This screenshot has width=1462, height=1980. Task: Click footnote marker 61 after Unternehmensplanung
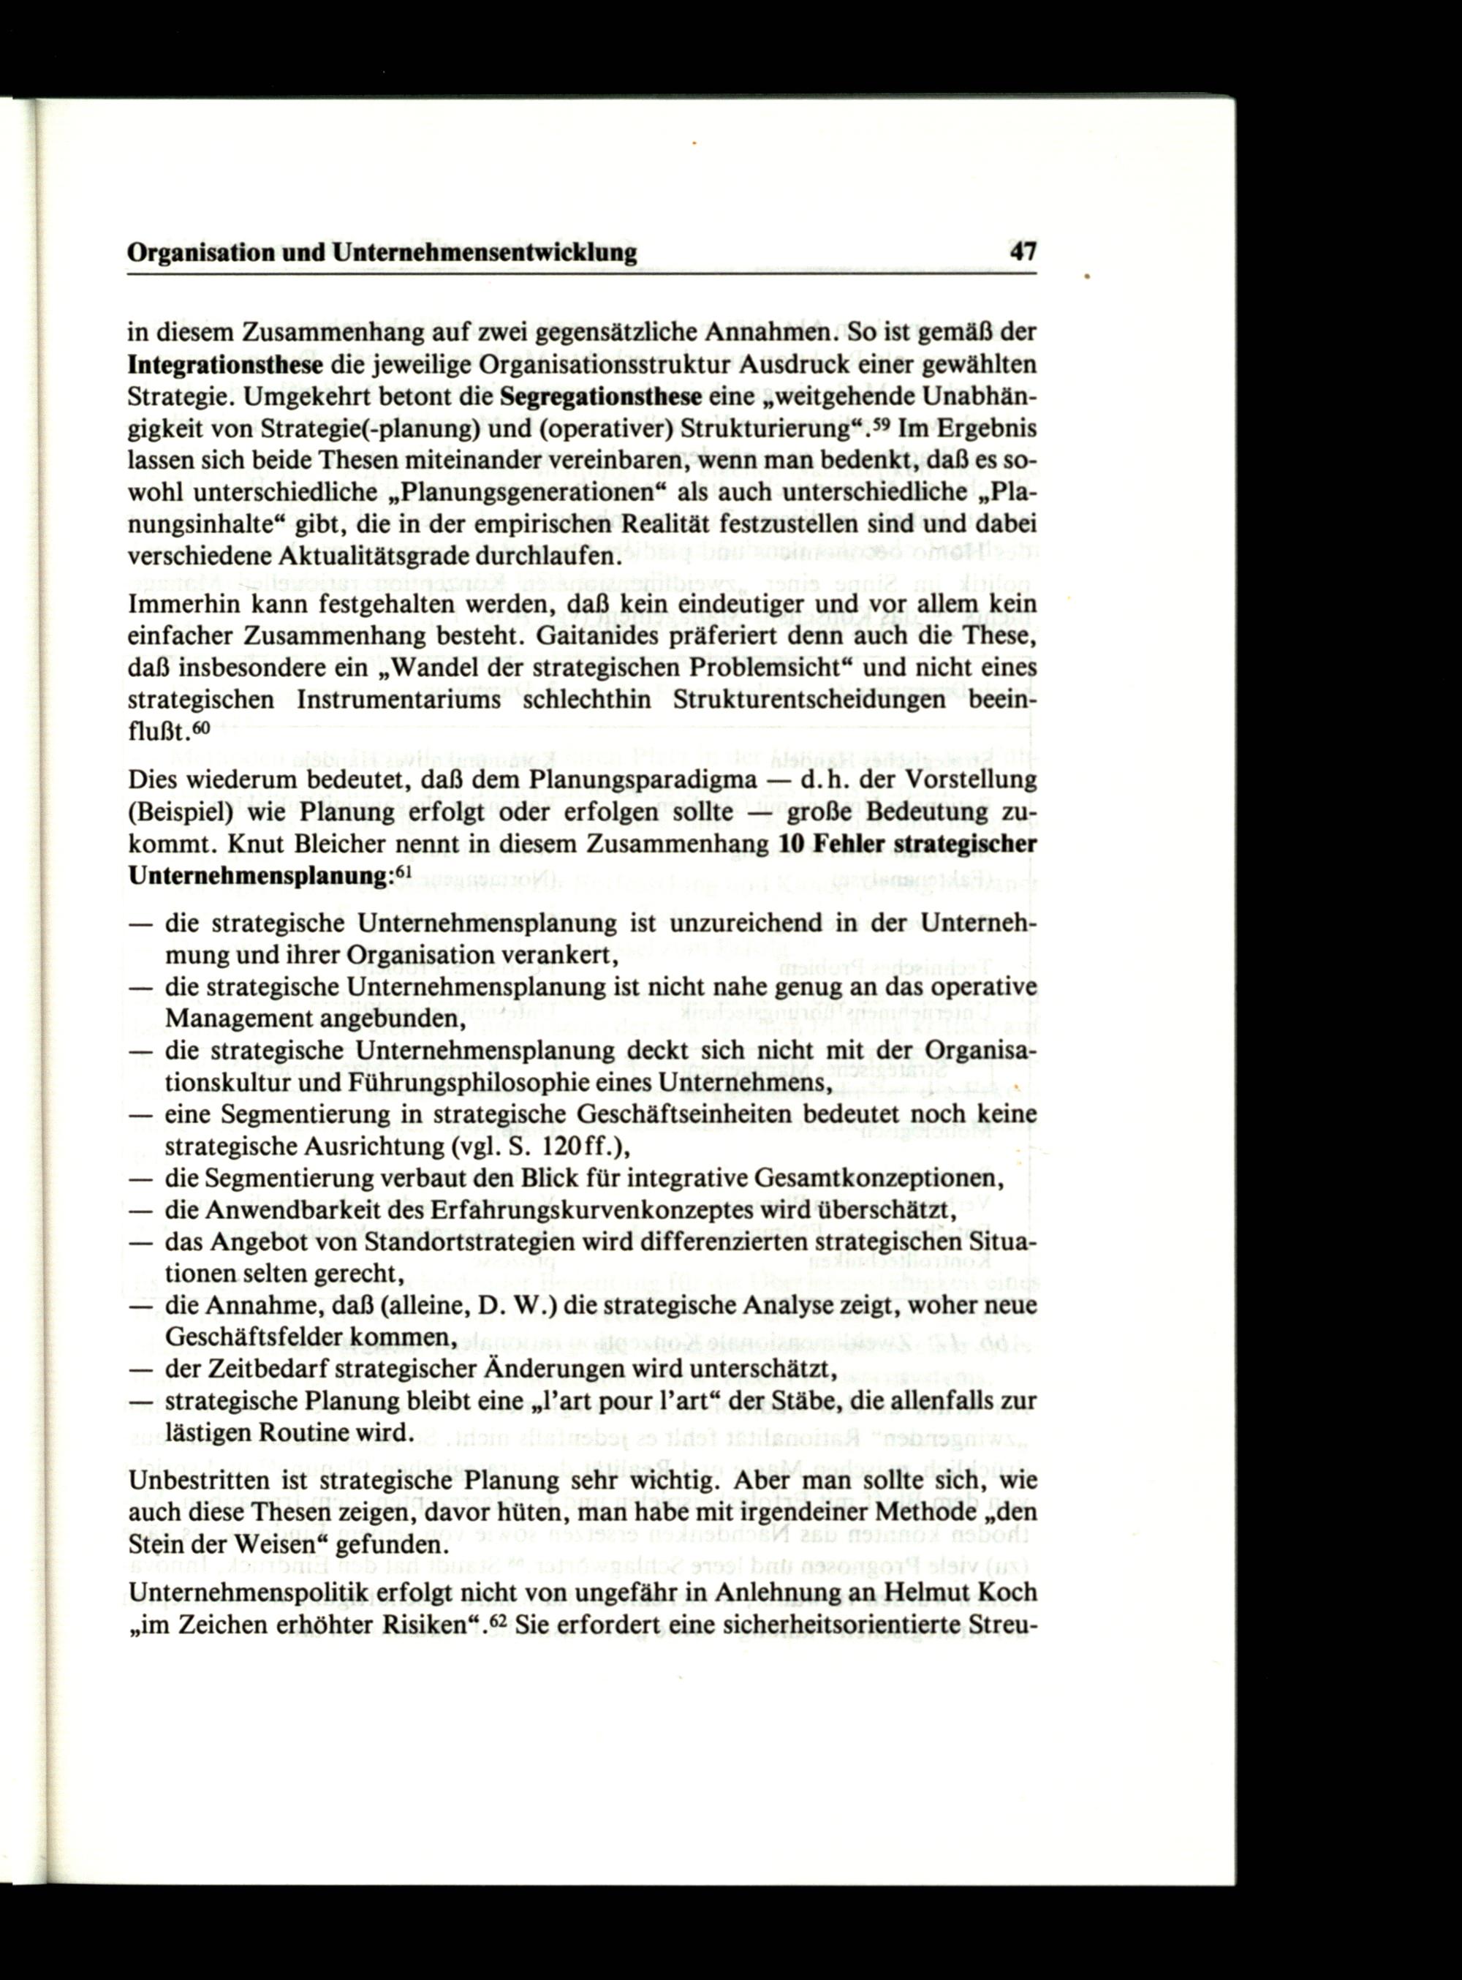[404, 871]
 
